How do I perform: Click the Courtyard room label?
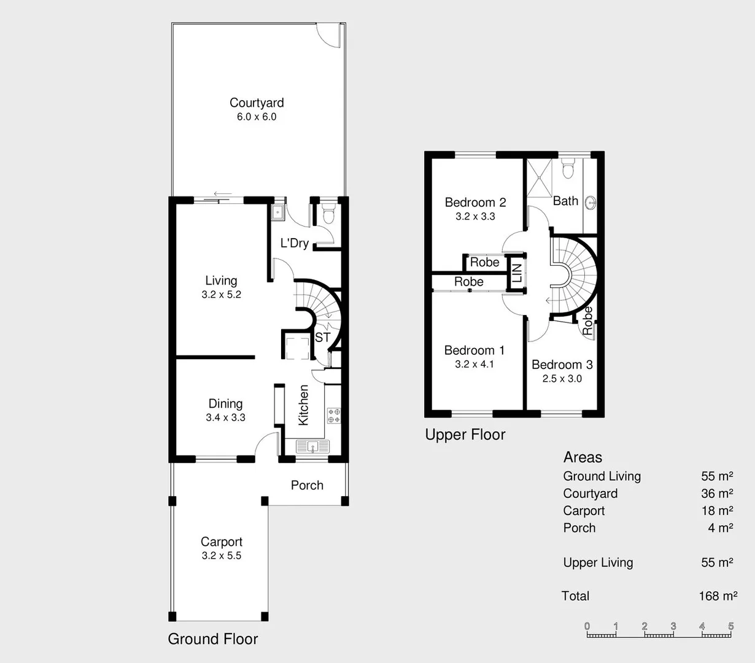(257, 103)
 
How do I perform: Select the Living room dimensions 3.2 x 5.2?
(221, 295)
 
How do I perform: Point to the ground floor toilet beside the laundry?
(328, 215)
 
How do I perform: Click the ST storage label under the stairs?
(322, 338)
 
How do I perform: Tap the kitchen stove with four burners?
(333, 416)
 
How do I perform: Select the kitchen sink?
(312, 446)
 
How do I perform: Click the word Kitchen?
(303, 405)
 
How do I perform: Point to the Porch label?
(307, 485)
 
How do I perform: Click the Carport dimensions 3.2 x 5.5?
(221, 556)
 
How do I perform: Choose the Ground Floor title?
(212, 639)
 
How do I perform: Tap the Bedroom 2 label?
(475, 203)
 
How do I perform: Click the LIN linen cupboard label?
(516, 273)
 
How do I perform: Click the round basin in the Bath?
(590, 202)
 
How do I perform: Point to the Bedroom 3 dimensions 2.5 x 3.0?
(562, 379)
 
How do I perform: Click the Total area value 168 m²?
(718, 596)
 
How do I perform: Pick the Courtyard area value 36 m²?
(717, 494)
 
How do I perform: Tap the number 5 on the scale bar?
(730, 626)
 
